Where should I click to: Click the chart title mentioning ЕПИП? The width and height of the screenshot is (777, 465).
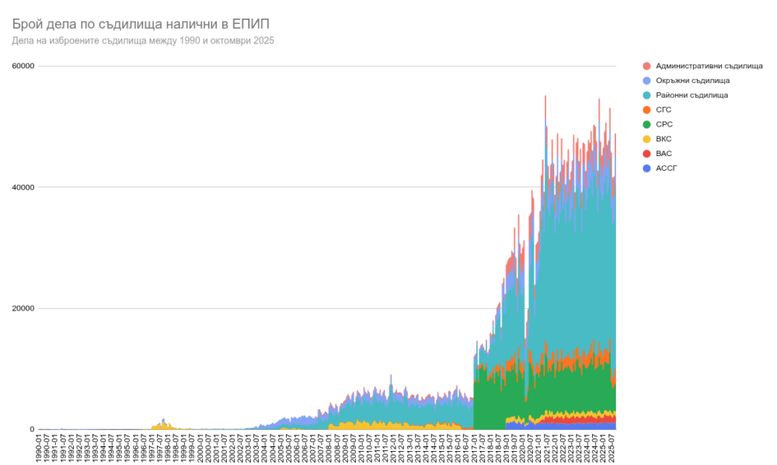(141, 23)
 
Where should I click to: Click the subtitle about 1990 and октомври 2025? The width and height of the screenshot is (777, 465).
(143, 40)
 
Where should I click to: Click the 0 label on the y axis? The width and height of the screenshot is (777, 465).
(32, 429)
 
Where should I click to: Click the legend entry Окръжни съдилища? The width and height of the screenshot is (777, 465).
(692, 81)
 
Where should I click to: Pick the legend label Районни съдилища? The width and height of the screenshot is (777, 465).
(692, 95)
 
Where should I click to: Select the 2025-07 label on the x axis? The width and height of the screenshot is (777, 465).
(614, 448)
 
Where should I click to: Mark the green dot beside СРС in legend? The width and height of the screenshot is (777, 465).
(646, 124)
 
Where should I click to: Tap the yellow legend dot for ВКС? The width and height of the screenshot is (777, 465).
(646, 139)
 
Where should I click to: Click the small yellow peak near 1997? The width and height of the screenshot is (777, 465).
(163, 420)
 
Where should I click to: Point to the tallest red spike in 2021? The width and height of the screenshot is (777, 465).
(545, 97)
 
